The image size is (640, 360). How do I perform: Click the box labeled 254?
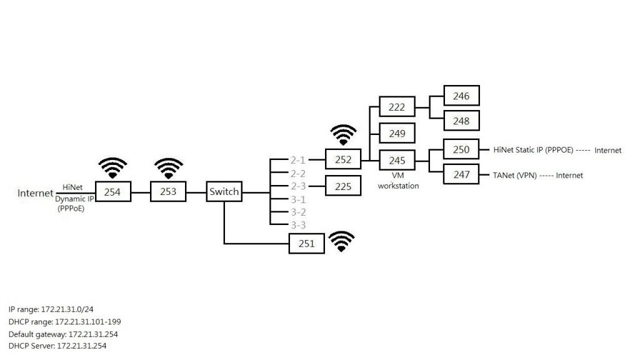[x=112, y=192]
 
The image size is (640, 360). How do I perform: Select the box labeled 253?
[x=168, y=192]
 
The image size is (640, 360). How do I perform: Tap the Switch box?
[x=224, y=192]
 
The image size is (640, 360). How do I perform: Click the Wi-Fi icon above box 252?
[x=343, y=135]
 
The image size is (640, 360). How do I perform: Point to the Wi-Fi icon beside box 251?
[x=341, y=241]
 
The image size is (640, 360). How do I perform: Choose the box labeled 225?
[x=343, y=186]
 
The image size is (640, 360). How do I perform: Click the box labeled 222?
[x=397, y=107]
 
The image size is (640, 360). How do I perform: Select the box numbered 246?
[x=461, y=96]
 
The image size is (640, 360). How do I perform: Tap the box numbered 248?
[x=461, y=121]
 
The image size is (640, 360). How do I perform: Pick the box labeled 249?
[x=397, y=133]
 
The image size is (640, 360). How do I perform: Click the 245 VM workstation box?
[x=397, y=161]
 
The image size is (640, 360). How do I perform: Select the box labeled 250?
[x=461, y=149]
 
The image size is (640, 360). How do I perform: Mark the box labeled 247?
[x=461, y=174]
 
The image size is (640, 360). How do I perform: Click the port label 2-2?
[x=297, y=173]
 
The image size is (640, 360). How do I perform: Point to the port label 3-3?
[x=297, y=224]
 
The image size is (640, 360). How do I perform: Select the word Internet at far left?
[x=36, y=193]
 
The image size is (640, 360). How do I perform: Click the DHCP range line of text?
[x=64, y=321]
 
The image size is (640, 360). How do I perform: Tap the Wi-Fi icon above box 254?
[x=112, y=168]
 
